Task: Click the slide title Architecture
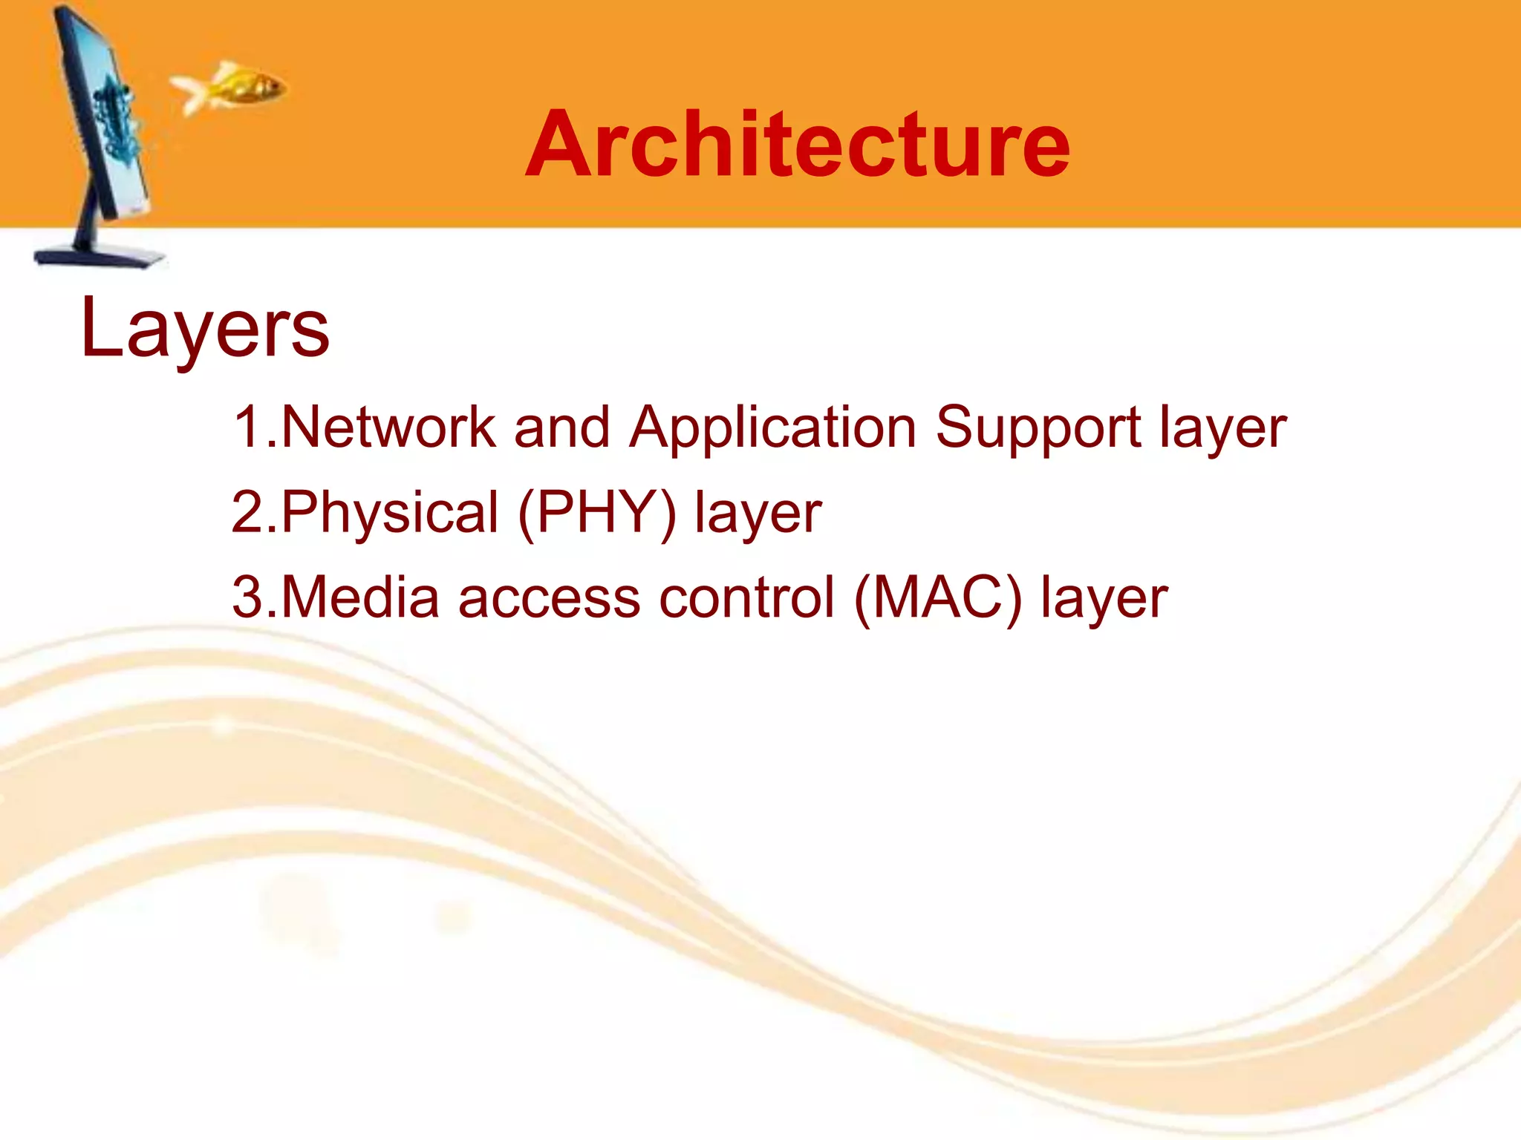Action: pos(797,145)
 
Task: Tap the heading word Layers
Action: pos(204,328)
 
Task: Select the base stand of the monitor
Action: pos(100,256)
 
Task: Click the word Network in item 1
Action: pos(388,427)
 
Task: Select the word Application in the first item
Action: pos(773,429)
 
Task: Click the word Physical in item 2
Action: pos(391,513)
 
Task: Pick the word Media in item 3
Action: pos(361,597)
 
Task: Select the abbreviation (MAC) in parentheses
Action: pos(938,598)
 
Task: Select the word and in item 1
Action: pos(561,427)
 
